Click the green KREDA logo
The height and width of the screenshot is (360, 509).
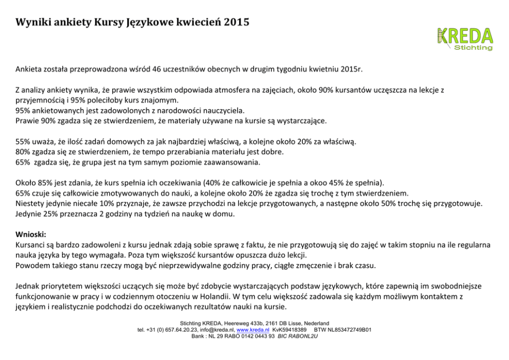tap(464, 38)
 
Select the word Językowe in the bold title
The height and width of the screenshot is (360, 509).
tap(149, 23)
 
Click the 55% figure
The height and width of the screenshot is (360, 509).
tap(23, 141)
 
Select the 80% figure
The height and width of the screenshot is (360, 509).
tap(23, 152)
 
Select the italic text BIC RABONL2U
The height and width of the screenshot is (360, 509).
tap(298, 336)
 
